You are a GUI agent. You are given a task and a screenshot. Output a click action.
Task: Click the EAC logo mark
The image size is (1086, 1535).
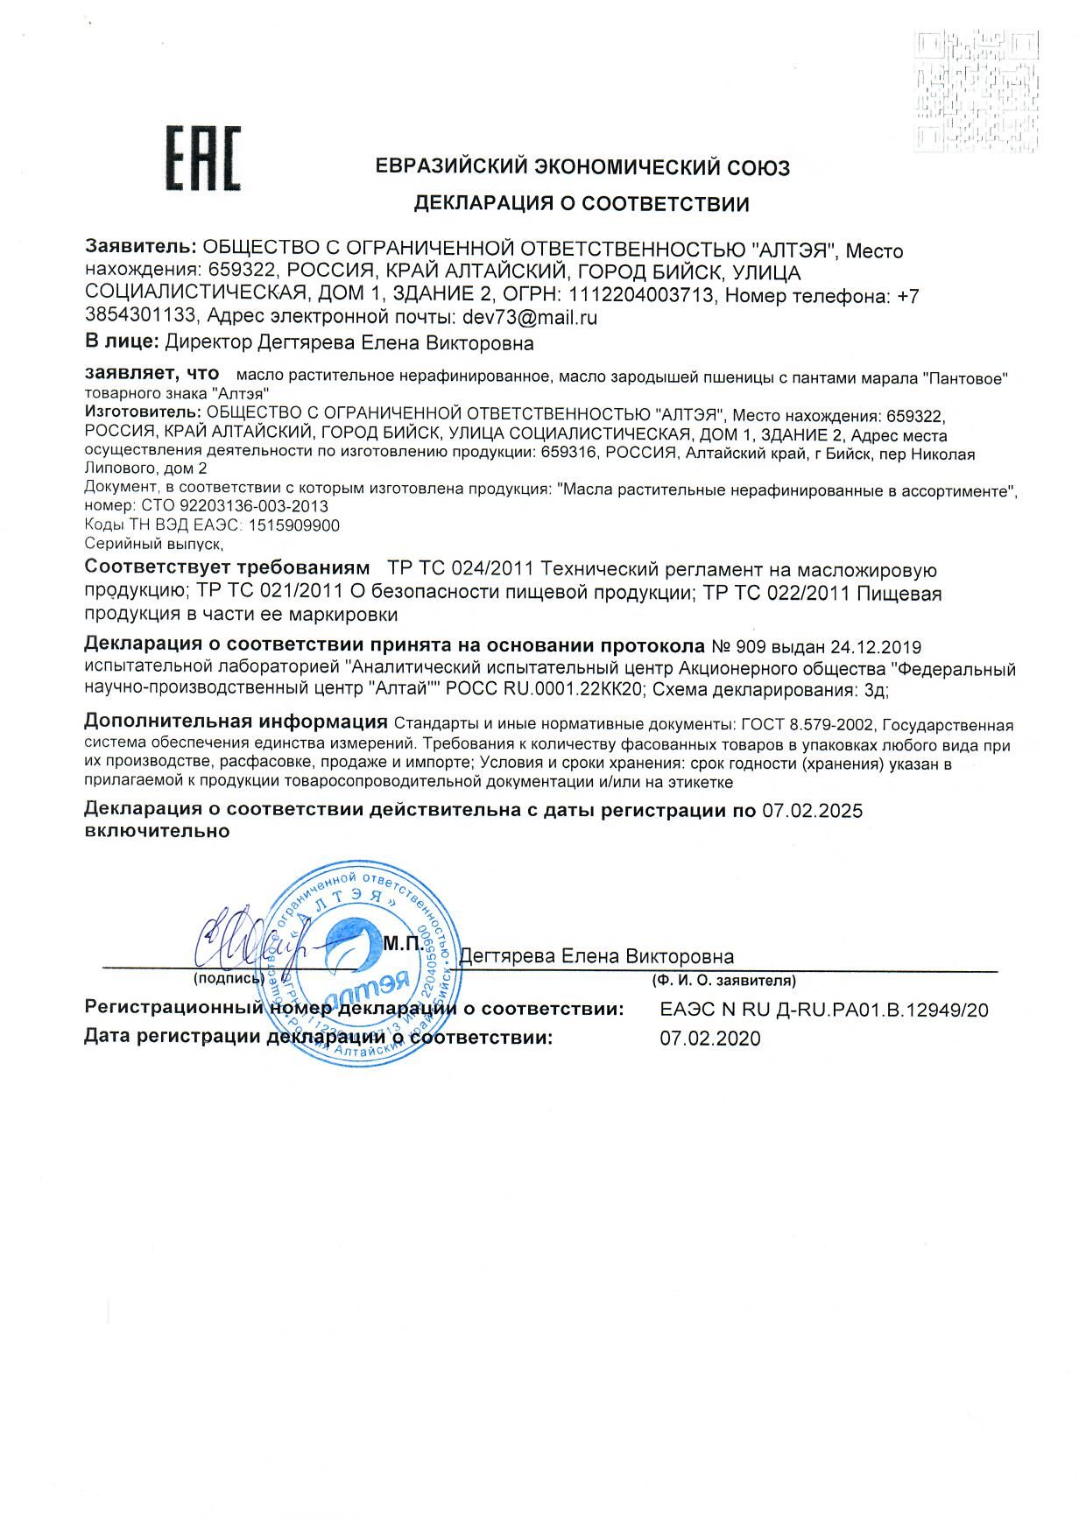tap(203, 158)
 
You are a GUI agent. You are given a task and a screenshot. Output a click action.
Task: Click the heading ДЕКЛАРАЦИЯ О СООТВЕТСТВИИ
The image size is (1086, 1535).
tap(582, 204)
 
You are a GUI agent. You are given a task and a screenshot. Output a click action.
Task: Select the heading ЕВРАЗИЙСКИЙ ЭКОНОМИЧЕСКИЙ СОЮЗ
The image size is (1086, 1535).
tap(582, 167)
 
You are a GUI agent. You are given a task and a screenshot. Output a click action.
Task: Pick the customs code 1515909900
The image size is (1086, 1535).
tap(294, 525)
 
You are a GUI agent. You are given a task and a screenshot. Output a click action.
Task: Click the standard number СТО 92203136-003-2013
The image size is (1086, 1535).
tap(229, 506)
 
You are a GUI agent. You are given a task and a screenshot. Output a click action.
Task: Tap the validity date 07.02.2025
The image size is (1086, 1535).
tap(812, 811)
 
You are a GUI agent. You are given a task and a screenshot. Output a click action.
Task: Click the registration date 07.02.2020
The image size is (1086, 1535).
tap(710, 1039)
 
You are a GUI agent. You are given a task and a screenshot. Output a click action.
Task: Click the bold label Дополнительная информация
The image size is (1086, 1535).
tap(236, 722)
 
